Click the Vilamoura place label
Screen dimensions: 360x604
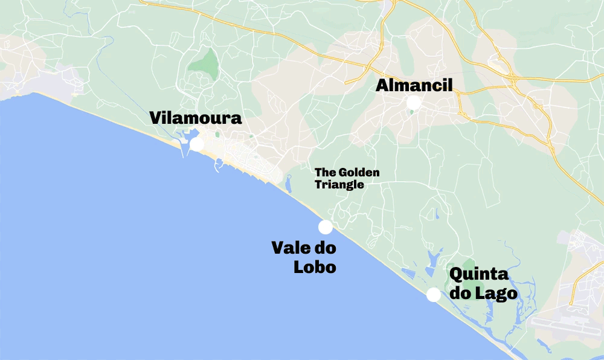196,118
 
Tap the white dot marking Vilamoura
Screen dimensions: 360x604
197,144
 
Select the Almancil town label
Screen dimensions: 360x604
414,86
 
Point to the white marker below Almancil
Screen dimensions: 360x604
414,103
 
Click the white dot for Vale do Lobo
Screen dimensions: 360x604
326,227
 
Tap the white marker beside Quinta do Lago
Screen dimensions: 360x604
433,295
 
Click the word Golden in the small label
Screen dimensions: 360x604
359,173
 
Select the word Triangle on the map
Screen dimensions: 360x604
339,185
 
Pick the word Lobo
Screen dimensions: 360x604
315,266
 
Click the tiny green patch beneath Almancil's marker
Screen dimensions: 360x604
411,112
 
